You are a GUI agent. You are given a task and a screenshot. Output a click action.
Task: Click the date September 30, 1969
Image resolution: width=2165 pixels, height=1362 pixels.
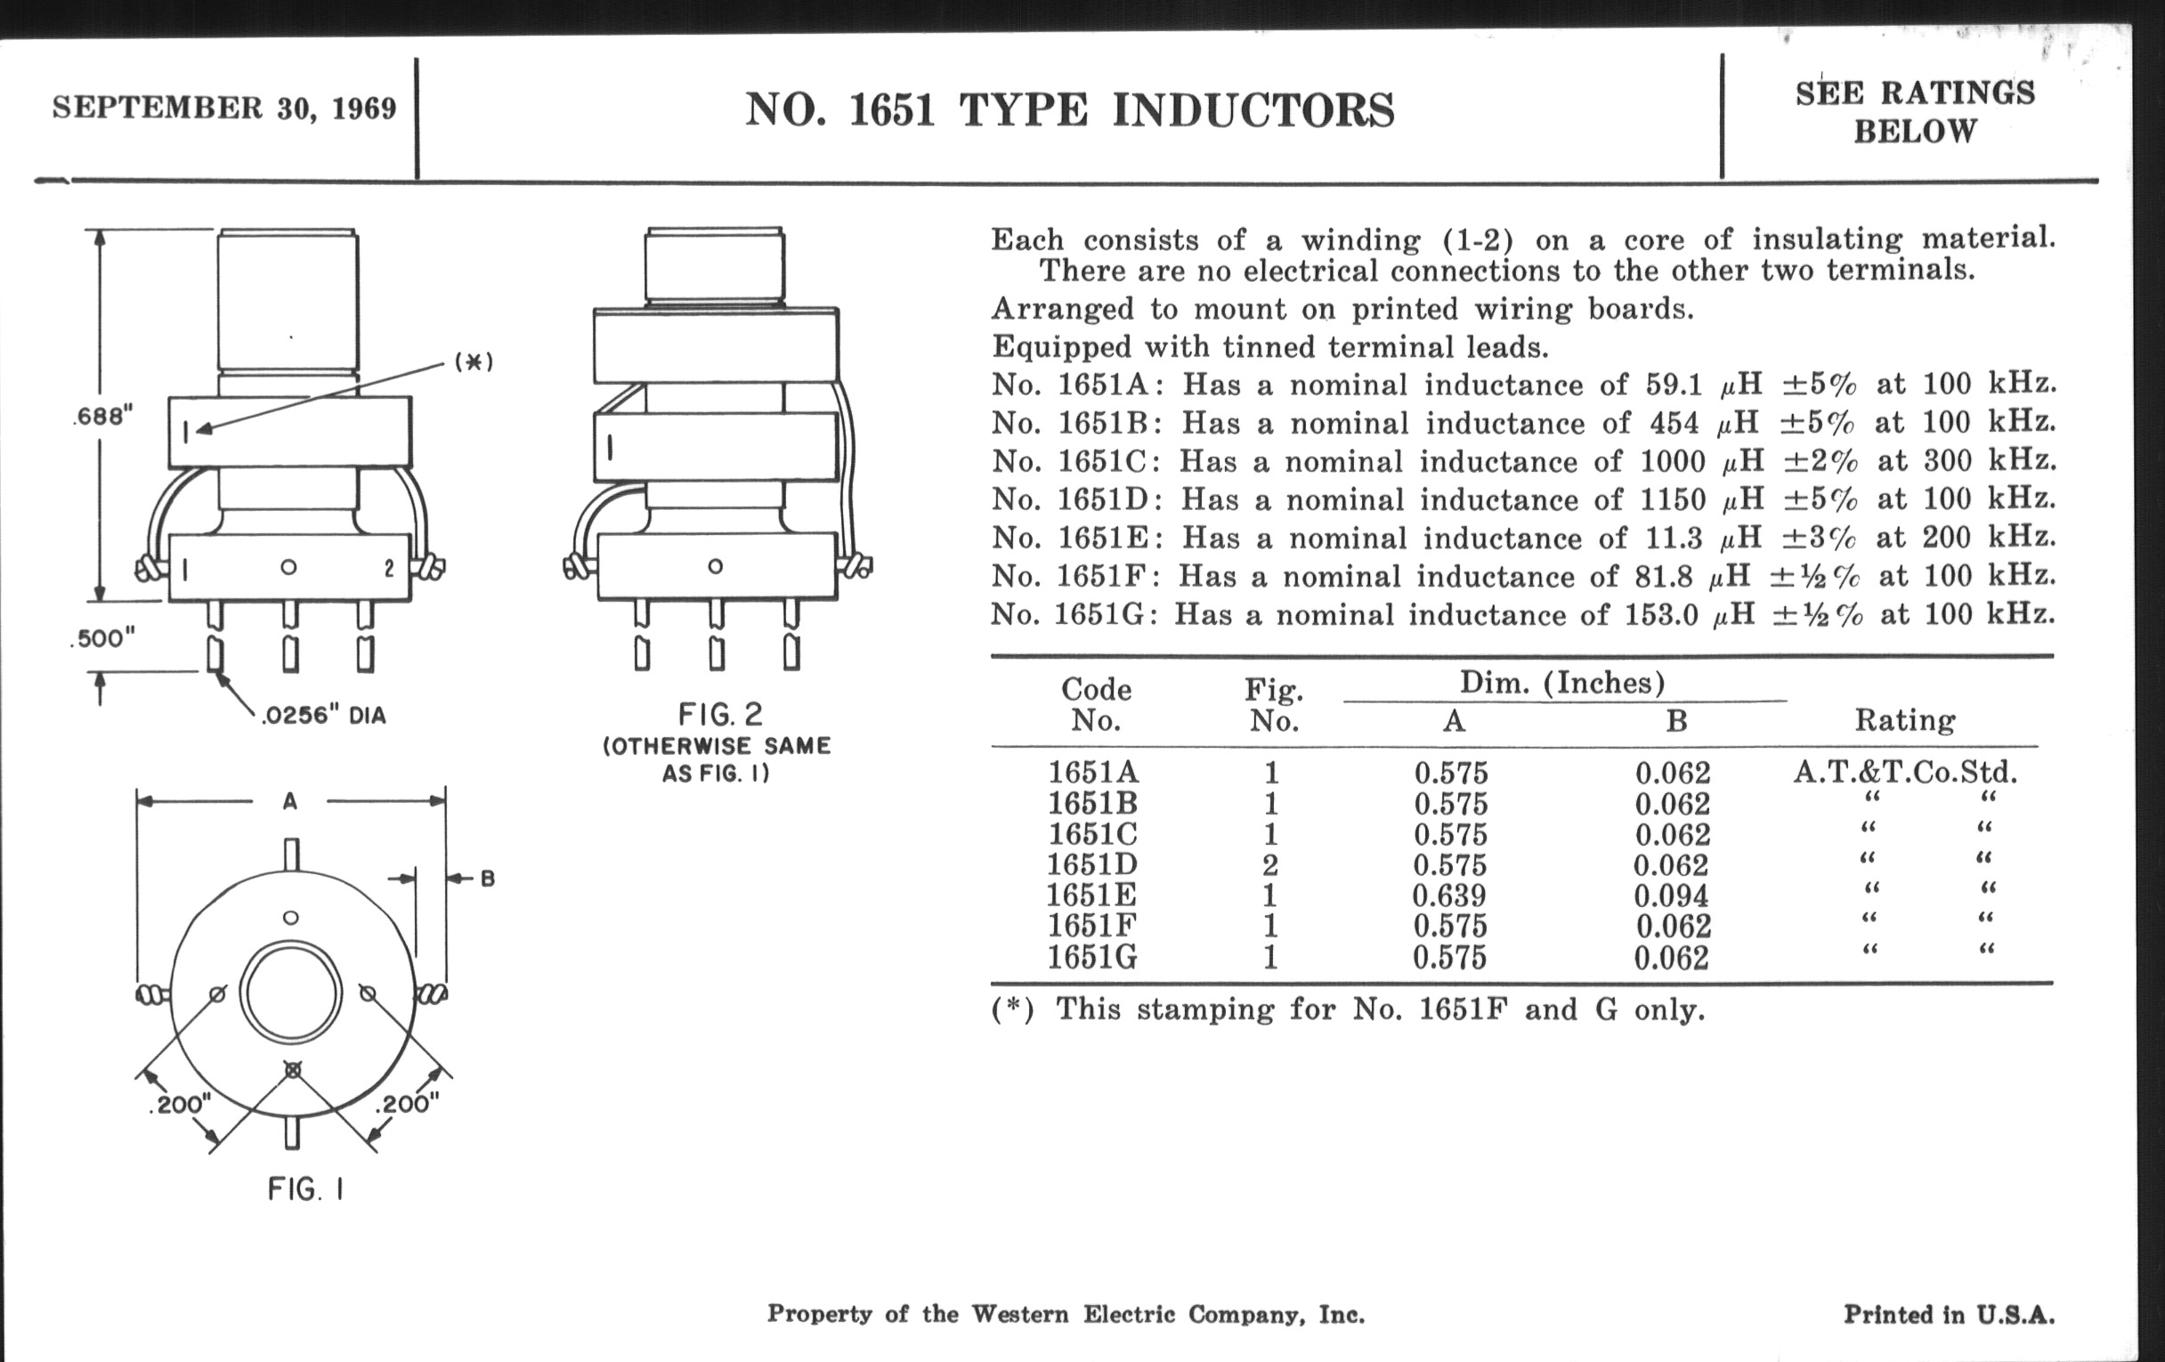coord(223,108)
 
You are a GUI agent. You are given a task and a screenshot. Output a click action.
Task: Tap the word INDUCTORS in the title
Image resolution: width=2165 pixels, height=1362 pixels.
coord(1253,110)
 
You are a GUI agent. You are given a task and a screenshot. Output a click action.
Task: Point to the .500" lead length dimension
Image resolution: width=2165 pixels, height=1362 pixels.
coord(102,638)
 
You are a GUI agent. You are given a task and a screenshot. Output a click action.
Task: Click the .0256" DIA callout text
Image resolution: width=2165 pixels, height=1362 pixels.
coord(323,717)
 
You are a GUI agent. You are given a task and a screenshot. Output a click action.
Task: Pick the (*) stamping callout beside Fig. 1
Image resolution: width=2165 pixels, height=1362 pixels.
coord(474,362)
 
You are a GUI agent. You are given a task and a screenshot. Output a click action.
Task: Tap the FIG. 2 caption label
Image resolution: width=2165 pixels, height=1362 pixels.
coord(720,715)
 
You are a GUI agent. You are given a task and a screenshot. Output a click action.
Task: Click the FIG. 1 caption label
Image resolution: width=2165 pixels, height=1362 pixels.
coord(305,1189)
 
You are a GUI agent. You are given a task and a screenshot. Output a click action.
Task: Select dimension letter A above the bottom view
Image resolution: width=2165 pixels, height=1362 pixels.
coord(289,801)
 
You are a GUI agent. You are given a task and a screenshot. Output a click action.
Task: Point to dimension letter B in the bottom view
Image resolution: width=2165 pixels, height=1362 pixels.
coord(487,879)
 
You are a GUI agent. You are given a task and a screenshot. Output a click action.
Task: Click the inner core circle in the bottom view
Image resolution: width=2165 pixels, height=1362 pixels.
coord(290,995)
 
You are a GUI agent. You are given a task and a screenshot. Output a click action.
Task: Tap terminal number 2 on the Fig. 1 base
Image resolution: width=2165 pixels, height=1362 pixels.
coord(388,569)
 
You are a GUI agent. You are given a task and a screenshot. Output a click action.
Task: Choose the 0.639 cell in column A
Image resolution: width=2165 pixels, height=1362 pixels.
coord(1448,896)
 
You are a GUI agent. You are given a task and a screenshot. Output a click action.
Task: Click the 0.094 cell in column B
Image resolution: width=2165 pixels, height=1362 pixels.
coord(1671,896)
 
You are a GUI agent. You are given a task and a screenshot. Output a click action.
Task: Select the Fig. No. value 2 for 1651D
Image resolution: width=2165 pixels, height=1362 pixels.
coord(1269,865)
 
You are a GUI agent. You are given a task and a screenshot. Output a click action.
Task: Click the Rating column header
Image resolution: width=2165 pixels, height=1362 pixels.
coord(1904,720)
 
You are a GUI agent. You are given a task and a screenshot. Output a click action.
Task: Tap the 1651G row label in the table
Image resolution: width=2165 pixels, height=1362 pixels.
coord(1091,958)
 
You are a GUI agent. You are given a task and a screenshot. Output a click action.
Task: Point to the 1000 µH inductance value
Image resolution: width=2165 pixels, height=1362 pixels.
coord(1672,461)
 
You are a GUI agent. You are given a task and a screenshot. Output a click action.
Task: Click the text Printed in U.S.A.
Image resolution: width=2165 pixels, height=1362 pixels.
coord(1949,1314)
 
